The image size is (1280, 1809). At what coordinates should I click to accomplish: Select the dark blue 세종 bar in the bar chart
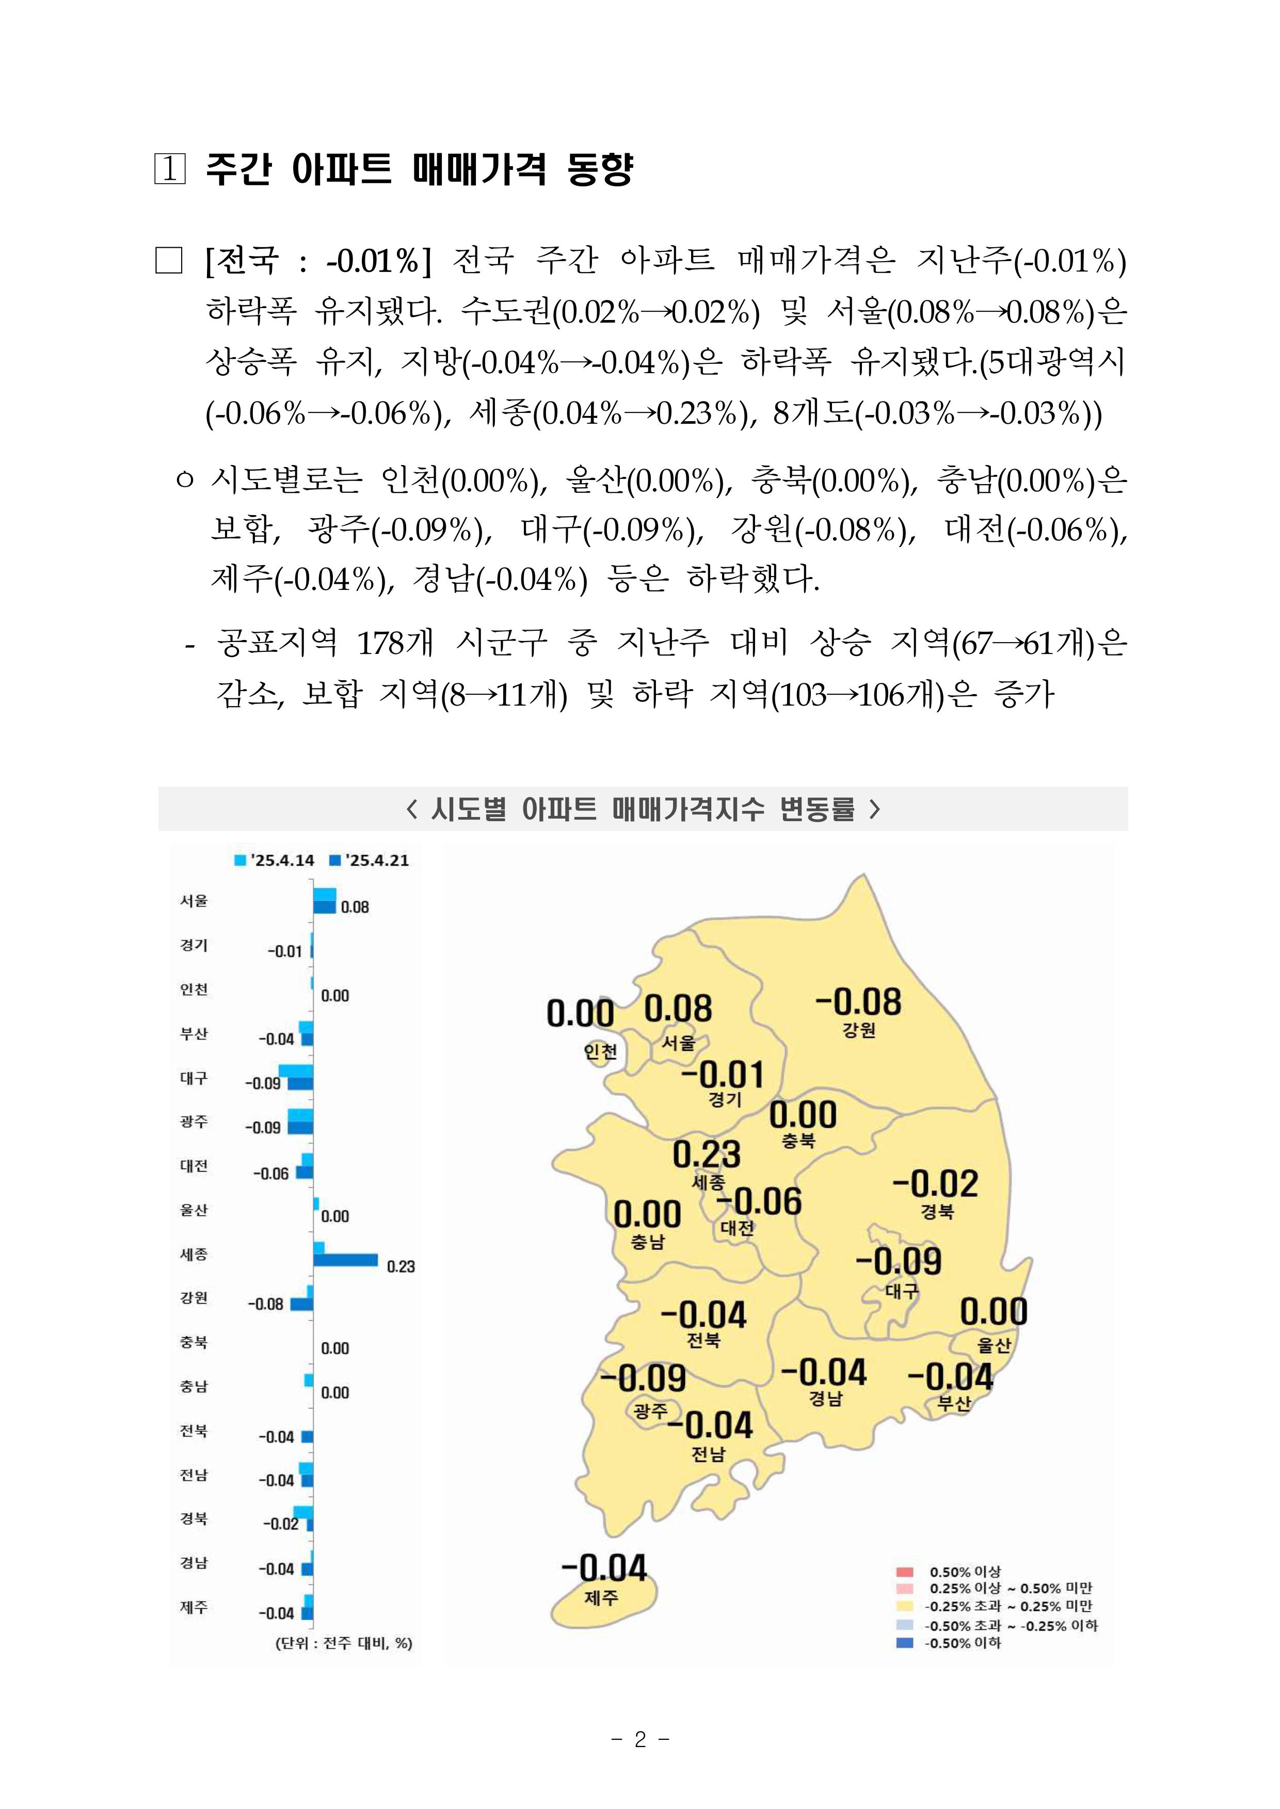click(345, 1260)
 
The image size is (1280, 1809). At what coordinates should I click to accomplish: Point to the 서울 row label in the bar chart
click(194, 900)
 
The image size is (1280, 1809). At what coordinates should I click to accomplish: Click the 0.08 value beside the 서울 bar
click(355, 907)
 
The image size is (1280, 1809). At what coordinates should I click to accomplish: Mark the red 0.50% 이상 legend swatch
click(904, 1572)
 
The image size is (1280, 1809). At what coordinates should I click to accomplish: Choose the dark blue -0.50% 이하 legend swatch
click(904, 1643)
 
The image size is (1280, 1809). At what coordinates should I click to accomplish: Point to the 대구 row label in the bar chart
click(194, 1078)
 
